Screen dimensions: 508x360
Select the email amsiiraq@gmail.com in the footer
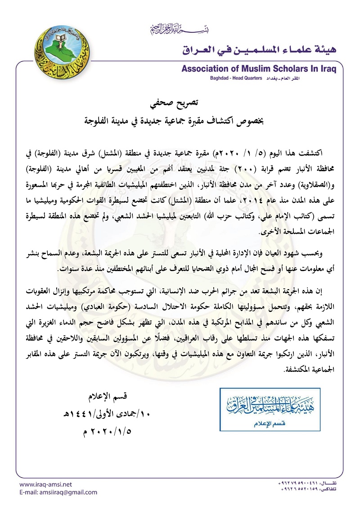58,492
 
